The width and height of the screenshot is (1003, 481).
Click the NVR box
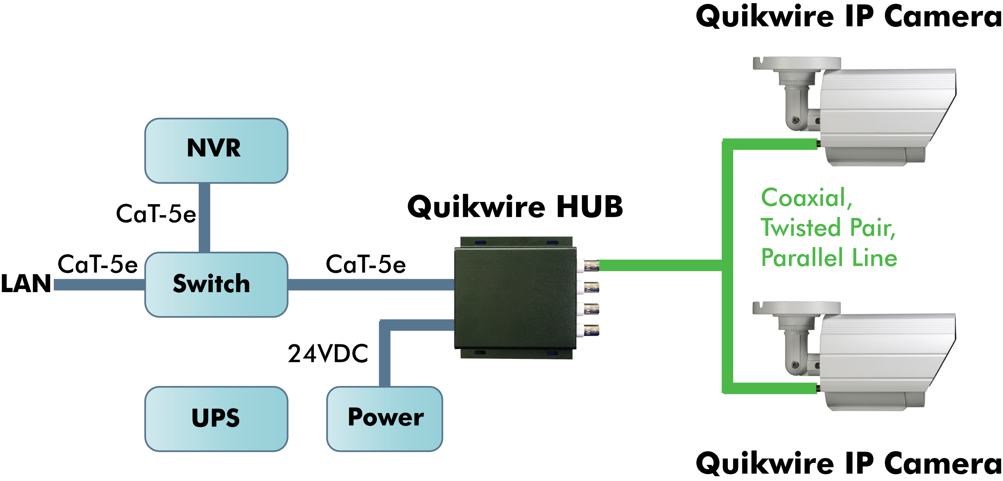tap(216, 150)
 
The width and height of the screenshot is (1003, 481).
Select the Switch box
tap(216, 284)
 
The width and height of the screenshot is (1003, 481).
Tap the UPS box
tap(216, 419)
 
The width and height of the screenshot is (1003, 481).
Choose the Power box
tap(384, 419)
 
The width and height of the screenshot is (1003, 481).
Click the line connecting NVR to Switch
tap(205, 218)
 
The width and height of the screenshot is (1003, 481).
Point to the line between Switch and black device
tap(371, 284)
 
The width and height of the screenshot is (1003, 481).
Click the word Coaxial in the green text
tap(803, 198)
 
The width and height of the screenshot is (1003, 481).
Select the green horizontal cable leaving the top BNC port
tap(660, 265)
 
